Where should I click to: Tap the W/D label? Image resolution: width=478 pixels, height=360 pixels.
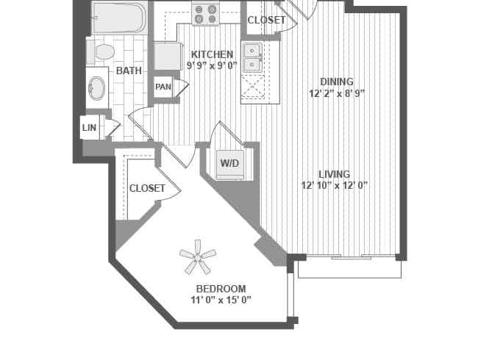[230, 163]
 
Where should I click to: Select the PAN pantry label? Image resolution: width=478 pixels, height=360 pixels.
[163, 87]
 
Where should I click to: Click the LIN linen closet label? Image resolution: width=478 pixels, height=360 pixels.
[88, 127]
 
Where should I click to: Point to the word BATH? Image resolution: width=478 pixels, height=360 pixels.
[129, 71]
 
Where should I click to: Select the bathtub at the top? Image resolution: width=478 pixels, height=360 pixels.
[118, 18]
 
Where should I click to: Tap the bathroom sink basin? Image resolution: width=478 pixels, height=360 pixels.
[96, 88]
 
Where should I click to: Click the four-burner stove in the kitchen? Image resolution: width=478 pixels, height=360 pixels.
[205, 12]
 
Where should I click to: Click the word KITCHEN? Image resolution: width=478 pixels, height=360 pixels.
[212, 54]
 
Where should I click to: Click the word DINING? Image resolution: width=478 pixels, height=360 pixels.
[337, 82]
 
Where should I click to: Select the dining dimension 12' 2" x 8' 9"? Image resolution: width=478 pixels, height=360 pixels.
[337, 93]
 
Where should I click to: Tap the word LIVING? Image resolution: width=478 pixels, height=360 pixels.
[335, 174]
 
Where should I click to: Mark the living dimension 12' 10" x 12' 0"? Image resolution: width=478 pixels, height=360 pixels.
[335, 186]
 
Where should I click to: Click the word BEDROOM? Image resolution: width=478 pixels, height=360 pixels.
[221, 288]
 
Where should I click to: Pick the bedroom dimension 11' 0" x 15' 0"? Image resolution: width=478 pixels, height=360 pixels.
[221, 300]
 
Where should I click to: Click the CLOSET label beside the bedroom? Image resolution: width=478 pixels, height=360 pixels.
[147, 188]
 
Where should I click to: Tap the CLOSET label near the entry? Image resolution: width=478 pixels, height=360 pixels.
[265, 20]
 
